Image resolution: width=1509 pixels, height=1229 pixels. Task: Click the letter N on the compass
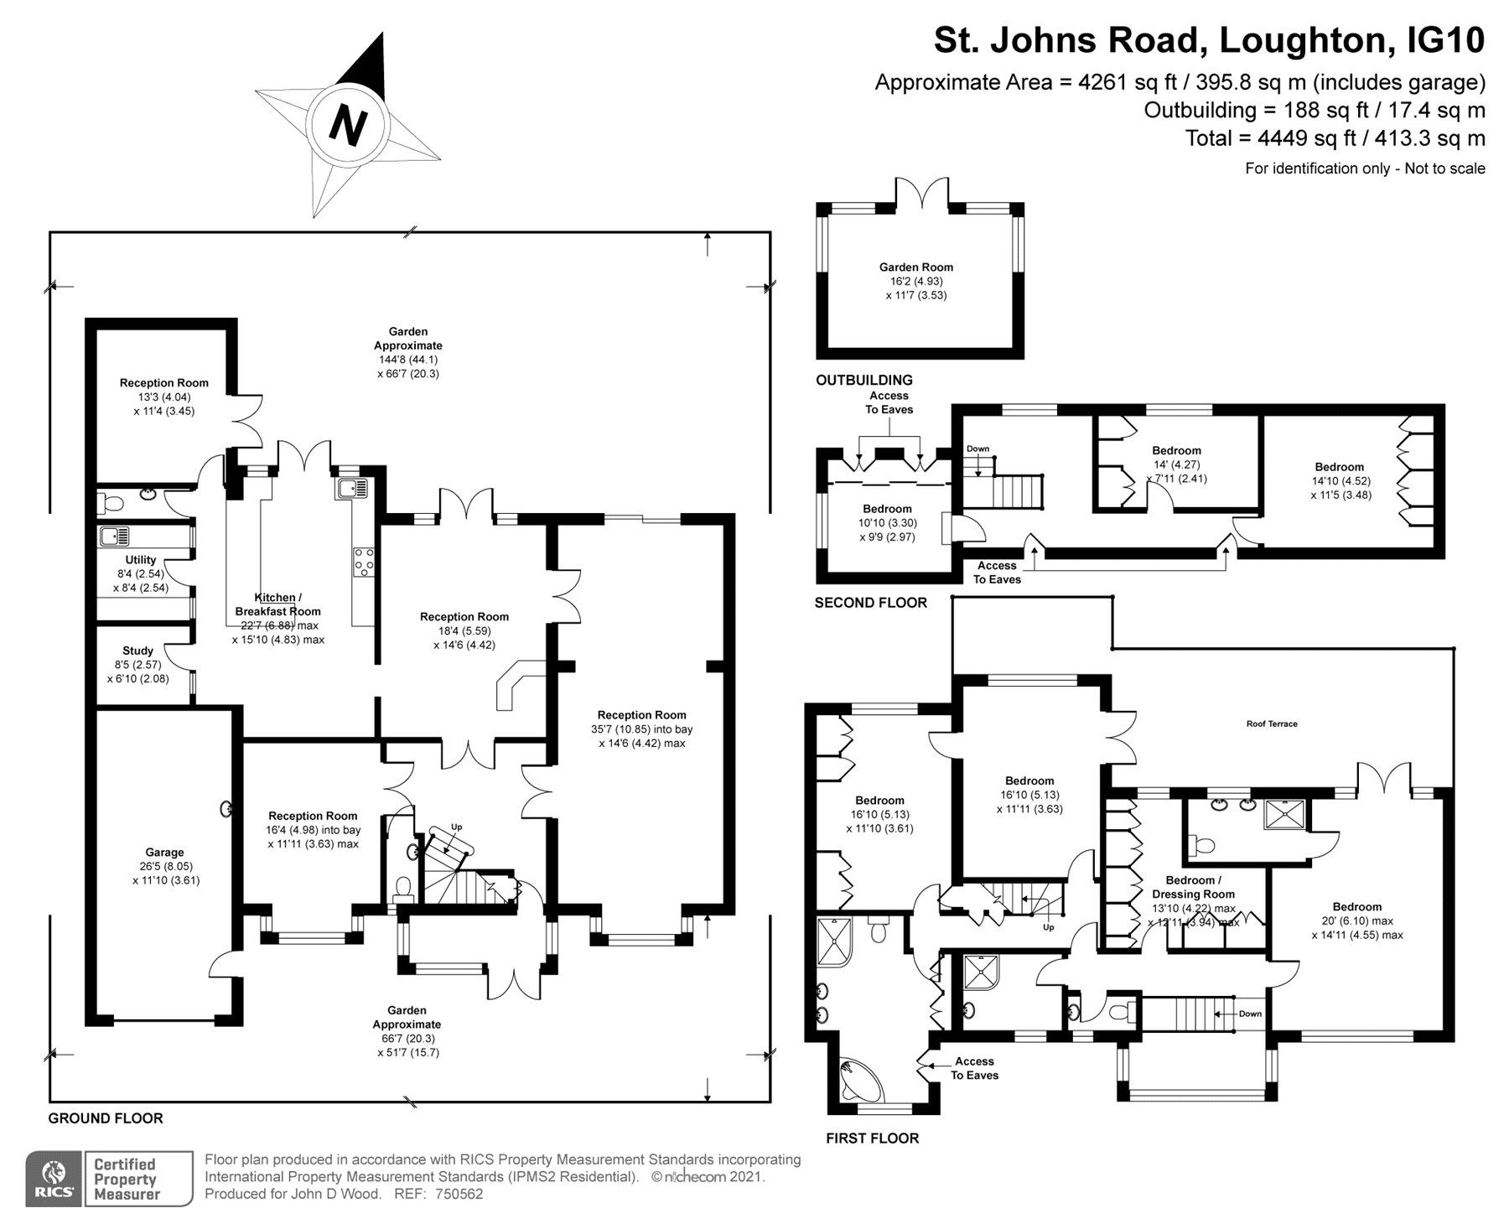pos(348,126)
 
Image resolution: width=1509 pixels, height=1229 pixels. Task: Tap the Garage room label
pos(164,853)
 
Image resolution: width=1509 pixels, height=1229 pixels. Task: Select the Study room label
pos(138,651)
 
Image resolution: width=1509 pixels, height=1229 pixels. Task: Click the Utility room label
pos(141,560)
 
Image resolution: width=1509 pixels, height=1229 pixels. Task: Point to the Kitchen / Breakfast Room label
pos(277,604)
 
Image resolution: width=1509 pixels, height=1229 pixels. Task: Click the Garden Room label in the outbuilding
pos(915,267)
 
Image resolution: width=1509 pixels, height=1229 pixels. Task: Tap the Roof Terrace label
pos(1271,723)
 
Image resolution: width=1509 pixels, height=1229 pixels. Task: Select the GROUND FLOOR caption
pos(106,1118)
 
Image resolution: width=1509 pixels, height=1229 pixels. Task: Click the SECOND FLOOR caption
pos(870,603)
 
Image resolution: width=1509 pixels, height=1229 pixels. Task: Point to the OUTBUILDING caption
pos(864,381)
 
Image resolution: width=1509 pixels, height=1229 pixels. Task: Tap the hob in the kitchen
pos(365,563)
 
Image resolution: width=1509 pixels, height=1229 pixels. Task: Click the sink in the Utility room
pos(112,536)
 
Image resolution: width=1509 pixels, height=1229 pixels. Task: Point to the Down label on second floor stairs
pos(977,449)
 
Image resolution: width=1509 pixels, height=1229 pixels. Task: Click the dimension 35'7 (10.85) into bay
pos(641,729)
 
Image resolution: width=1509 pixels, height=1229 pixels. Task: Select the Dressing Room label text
pos(1193,895)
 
